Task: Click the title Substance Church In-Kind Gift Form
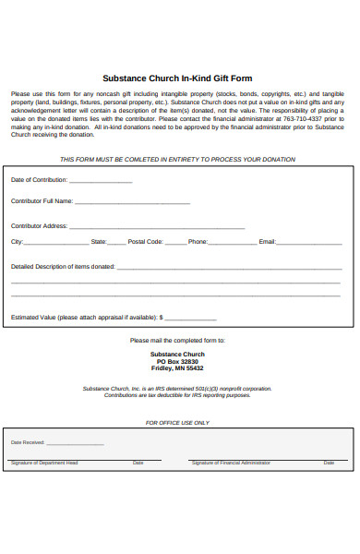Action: click(x=177, y=78)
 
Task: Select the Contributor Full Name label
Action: click(x=42, y=200)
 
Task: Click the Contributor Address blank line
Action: click(x=157, y=227)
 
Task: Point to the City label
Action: click(x=16, y=242)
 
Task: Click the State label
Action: click(x=99, y=242)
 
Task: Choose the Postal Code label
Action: click(x=145, y=242)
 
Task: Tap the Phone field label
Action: click(x=198, y=242)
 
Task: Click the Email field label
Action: click(x=268, y=242)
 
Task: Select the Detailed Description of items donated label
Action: click(x=63, y=267)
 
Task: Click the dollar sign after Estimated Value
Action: click(x=162, y=317)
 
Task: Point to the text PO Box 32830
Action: click(x=177, y=361)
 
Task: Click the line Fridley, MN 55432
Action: click(x=177, y=368)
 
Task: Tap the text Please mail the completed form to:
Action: click(x=177, y=340)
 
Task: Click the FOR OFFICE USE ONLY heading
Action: click(x=177, y=423)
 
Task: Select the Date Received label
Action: click(x=28, y=442)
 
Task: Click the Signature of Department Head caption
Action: click(x=44, y=463)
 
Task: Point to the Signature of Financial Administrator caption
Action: click(x=231, y=463)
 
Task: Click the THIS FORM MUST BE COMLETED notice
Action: click(x=177, y=160)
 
